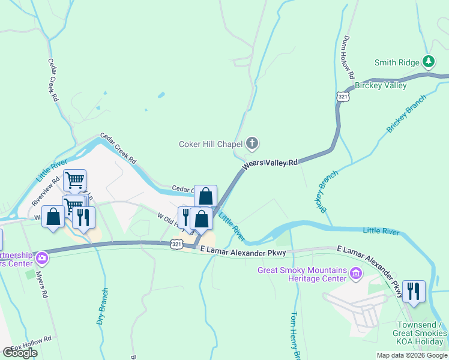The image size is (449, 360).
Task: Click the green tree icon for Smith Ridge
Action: pyautogui.click(x=428, y=61)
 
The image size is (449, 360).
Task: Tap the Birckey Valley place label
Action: pyautogui.click(x=381, y=85)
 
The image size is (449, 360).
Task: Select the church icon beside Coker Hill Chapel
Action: pyautogui.click(x=252, y=143)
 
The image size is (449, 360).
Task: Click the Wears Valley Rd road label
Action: pyautogui.click(x=270, y=163)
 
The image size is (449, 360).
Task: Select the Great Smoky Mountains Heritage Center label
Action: pyautogui.click(x=302, y=274)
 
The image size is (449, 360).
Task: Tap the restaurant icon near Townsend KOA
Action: pyautogui.click(x=414, y=291)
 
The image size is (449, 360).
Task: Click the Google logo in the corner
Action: pyautogui.click(x=20, y=353)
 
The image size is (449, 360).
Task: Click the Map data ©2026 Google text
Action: pyautogui.click(x=411, y=355)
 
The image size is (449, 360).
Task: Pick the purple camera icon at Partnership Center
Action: pyautogui.click(x=42, y=259)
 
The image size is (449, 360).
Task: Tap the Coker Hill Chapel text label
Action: pyautogui.click(x=210, y=144)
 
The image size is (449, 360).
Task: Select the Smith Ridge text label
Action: pyautogui.click(x=396, y=62)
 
